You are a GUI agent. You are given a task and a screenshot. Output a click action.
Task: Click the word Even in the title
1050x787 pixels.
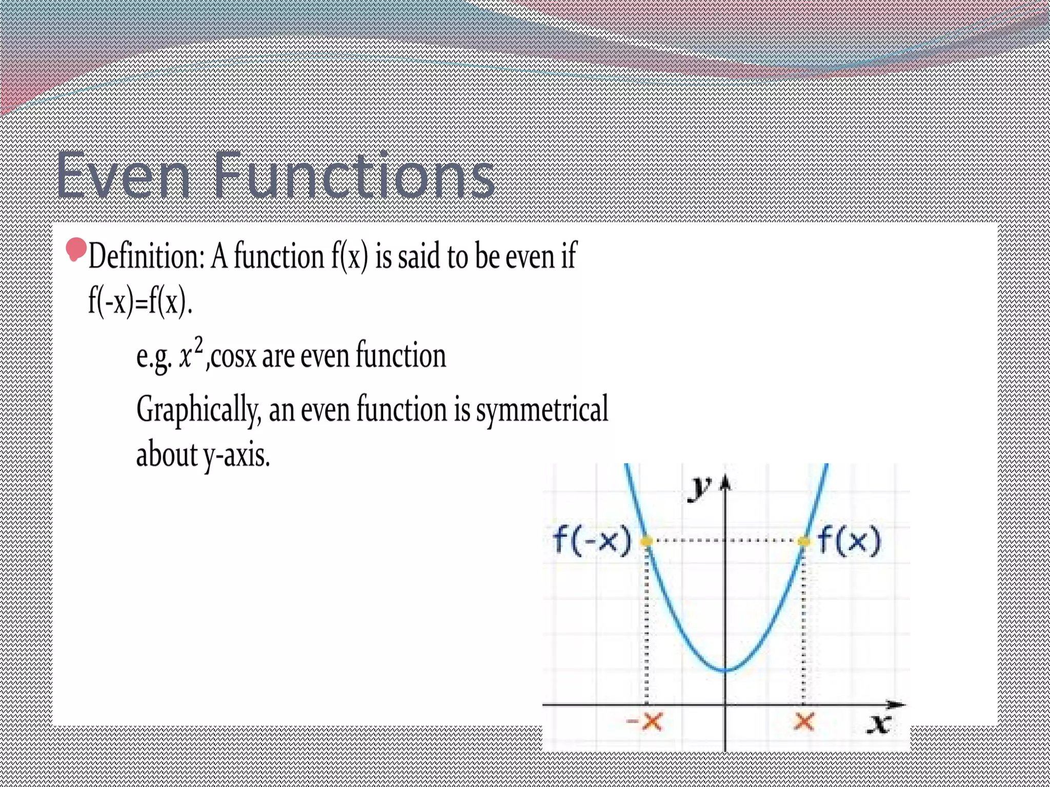point(123,175)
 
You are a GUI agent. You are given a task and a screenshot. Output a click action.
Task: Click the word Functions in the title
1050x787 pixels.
point(354,175)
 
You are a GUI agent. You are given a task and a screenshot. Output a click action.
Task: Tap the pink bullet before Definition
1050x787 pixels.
point(76,250)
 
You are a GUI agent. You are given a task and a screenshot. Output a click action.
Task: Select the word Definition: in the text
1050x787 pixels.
point(147,256)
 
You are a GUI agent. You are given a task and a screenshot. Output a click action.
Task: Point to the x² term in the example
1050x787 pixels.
point(191,354)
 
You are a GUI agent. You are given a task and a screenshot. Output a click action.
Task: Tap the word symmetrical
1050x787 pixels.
point(542,410)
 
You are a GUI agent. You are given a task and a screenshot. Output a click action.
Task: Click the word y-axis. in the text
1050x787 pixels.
point(236,455)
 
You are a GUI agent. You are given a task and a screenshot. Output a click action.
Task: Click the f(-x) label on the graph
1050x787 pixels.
point(592,541)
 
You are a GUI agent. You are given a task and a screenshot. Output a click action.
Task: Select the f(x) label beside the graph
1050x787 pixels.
point(849,541)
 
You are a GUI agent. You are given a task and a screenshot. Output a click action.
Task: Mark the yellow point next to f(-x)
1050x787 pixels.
point(647,541)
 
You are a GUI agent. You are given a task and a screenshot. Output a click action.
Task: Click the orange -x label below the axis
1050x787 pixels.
point(645,722)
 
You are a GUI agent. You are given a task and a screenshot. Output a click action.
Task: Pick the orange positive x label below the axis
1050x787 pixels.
point(803,722)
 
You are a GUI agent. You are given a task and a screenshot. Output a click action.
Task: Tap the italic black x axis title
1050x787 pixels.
point(879,724)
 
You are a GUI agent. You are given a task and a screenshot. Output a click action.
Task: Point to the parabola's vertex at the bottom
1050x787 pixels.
point(725,670)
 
